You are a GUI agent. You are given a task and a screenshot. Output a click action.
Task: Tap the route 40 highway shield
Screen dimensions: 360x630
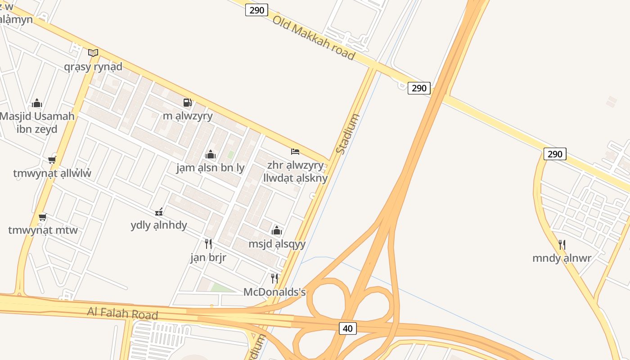coord(347,328)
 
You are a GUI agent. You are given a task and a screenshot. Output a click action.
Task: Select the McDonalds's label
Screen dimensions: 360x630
coord(274,292)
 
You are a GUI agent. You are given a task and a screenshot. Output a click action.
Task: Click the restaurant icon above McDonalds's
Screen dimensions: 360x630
coord(274,279)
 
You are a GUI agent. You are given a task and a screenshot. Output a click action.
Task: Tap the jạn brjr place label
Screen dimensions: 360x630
coord(208,257)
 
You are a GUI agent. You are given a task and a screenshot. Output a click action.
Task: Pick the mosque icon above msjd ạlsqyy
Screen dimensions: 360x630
coord(277,231)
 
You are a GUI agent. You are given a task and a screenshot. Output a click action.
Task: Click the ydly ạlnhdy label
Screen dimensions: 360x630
coord(159,225)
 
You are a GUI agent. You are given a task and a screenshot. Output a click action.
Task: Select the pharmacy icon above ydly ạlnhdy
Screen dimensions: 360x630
coord(159,211)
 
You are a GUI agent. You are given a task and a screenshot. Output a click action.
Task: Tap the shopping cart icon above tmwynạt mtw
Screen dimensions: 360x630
coord(43,217)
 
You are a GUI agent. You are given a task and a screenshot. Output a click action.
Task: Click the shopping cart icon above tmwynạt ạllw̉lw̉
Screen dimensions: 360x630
coord(52,160)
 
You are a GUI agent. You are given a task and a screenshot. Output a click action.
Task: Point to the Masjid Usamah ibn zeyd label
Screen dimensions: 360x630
coord(37,122)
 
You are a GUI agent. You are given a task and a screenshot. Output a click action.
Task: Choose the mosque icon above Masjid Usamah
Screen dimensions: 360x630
coord(37,103)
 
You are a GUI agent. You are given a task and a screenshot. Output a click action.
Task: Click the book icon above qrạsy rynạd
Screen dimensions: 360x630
coord(93,53)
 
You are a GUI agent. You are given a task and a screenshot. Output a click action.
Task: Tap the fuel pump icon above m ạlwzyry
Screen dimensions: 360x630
coord(188,103)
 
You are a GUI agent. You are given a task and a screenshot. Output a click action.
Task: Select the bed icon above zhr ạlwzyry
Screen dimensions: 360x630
coord(295,152)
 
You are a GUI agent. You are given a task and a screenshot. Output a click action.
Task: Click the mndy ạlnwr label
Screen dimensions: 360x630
coord(562,258)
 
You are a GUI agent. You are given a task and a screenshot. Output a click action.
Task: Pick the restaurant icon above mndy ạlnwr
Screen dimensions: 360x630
coord(562,244)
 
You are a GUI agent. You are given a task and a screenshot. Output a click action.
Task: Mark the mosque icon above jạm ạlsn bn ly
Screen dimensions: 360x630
coord(210,155)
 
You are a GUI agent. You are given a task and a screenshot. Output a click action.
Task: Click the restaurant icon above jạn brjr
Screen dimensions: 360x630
coord(208,244)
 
